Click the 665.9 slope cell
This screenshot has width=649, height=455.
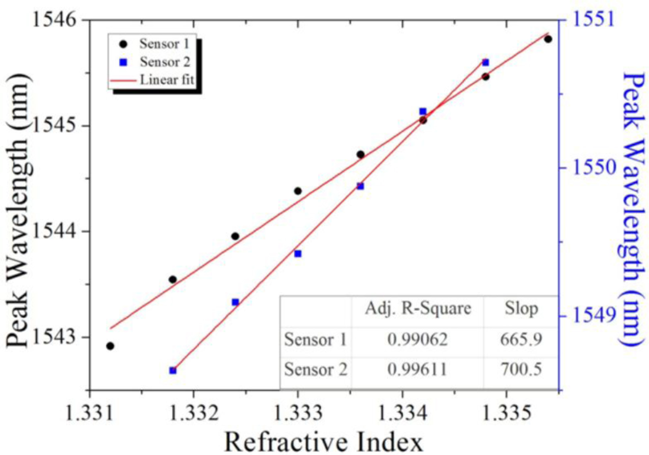point(521,339)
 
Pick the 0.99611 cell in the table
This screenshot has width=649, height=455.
point(418,369)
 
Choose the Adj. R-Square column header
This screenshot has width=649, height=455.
point(418,309)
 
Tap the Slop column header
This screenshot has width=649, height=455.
point(521,309)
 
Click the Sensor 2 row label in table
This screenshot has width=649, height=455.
point(316,369)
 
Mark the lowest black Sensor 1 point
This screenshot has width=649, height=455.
point(110,346)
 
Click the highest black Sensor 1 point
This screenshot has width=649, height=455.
point(548,39)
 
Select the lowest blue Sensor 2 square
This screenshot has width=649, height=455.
point(173,370)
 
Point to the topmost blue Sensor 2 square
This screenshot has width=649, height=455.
point(485,62)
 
